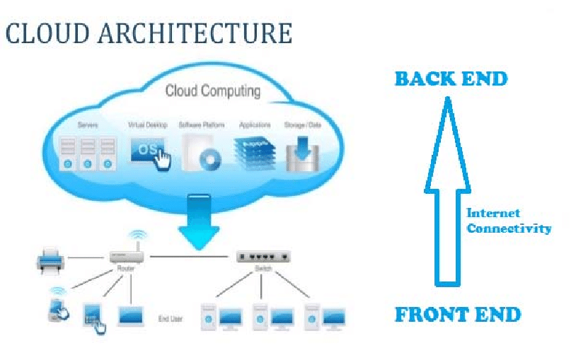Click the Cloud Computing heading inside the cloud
pyautogui.click(x=212, y=91)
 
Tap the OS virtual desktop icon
pyautogui.click(x=149, y=152)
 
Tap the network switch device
pyautogui.click(x=263, y=257)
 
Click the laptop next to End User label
pyautogui.click(x=132, y=316)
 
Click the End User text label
pyautogui.click(x=170, y=319)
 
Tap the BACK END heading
pyautogui.click(x=451, y=79)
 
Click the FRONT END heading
pyautogui.click(x=457, y=314)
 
